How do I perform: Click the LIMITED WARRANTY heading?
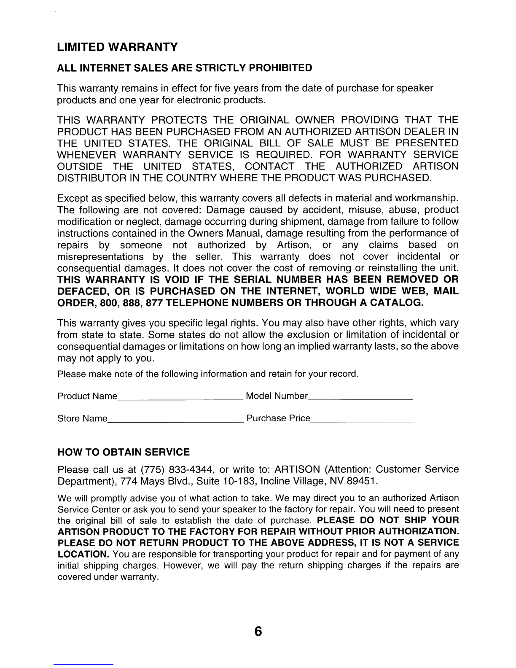117,47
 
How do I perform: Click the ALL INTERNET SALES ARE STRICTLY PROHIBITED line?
185,68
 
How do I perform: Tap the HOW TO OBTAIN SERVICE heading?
124,453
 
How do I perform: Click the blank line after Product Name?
180,399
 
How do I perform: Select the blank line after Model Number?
360,399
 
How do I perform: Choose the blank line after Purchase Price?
363,421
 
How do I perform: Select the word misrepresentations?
100,257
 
